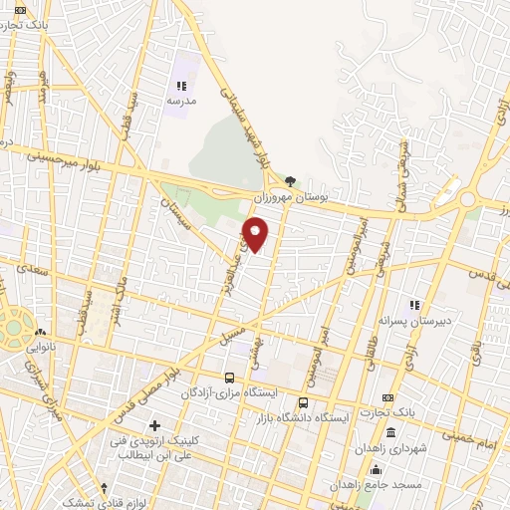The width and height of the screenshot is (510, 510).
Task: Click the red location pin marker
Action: coord(256,234)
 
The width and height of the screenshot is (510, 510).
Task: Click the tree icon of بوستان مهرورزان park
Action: coord(290,181)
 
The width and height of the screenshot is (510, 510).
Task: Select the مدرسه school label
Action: coord(181,102)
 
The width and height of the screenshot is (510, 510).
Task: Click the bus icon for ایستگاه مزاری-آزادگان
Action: coord(230,378)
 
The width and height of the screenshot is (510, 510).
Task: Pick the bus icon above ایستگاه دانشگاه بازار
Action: coord(303,403)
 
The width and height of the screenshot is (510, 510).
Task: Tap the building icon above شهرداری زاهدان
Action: coord(389,434)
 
